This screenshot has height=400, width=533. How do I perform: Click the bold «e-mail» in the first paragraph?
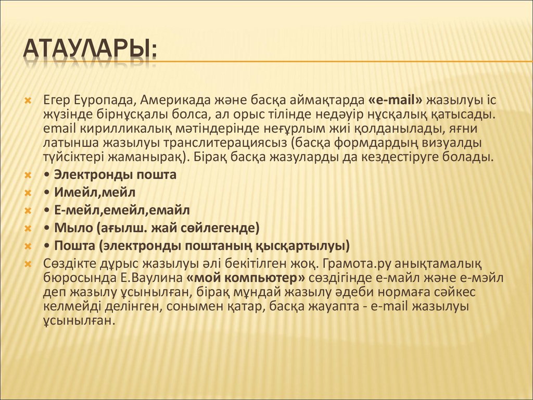(x=395, y=100)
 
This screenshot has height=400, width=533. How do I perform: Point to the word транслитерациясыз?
(x=225, y=143)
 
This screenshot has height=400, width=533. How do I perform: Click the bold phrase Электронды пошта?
(x=115, y=175)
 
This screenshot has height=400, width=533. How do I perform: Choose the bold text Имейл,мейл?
(x=95, y=193)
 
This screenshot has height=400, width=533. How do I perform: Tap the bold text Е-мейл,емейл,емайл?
(x=122, y=210)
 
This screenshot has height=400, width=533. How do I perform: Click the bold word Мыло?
(x=73, y=228)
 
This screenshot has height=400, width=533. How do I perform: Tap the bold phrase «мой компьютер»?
(x=246, y=278)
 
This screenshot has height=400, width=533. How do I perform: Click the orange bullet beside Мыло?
(x=28, y=228)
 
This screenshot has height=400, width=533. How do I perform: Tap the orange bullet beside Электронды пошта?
(x=28, y=175)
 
